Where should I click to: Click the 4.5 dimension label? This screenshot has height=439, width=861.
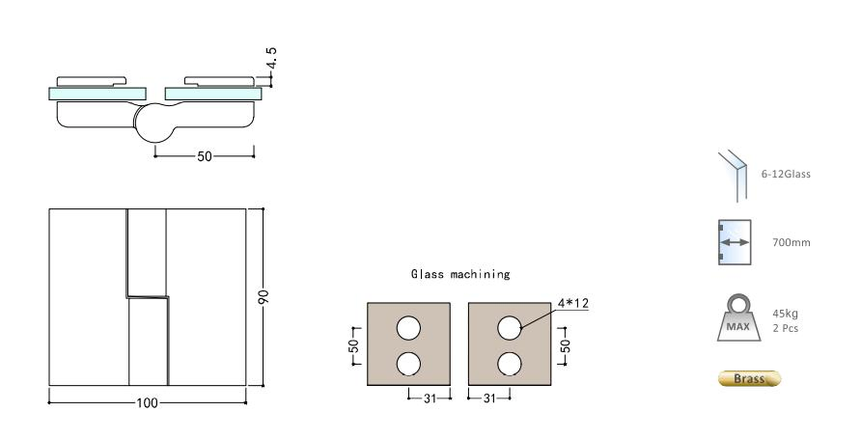(273, 60)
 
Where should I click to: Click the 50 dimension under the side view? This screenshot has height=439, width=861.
(204, 156)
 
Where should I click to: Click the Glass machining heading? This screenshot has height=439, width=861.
(461, 274)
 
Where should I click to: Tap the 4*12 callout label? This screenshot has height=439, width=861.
(572, 303)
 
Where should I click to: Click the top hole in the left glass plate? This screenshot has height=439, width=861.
(408, 328)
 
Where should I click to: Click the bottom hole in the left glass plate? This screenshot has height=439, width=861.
(408, 364)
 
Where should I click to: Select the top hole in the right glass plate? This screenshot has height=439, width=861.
(510, 328)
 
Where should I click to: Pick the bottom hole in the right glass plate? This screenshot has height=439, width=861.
(510, 364)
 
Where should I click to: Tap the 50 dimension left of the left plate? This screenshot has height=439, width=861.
(354, 344)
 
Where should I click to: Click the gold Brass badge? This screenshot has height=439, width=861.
(749, 378)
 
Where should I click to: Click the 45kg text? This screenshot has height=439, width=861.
(785, 314)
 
